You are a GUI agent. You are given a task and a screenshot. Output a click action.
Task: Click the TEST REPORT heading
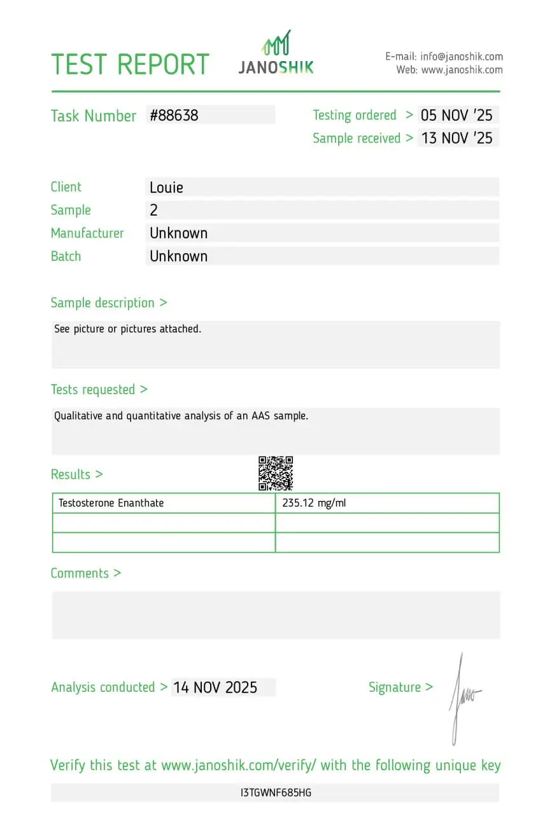pyautogui.click(x=130, y=64)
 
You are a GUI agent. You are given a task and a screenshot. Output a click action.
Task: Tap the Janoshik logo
pyautogui.click(x=276, y=53)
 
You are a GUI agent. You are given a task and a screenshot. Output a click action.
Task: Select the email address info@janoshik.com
pyautogui.click(x=462, y=57)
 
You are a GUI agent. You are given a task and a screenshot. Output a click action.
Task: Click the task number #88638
pyautogui.click(x=174, y=115)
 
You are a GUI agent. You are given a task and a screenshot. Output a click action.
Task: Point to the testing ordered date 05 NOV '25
pyautogui.click(x=456, y=115)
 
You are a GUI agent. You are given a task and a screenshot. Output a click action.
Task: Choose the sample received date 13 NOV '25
pyautogui.click(x=456, y=138)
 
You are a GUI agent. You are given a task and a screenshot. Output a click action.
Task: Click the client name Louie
pyautogui.click(x=167, y=187)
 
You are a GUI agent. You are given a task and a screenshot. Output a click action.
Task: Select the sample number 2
pyautogui.click(x=153, y=210)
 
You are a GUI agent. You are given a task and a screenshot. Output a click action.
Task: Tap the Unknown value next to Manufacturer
pyautogui.click(x=179, y=233)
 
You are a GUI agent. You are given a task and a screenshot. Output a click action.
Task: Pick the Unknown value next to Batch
pyautogui.click(x=179, y=256)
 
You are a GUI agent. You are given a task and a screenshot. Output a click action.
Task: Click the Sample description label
pyautogui.click(x=109, y=303)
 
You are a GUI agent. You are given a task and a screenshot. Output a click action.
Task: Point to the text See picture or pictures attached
pyautogui.click(x=128, y=329)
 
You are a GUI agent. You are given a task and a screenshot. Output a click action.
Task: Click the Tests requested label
pyautogui.click(x=99, y=389)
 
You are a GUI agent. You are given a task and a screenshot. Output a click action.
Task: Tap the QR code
pyautogui.click(x=276, y=473)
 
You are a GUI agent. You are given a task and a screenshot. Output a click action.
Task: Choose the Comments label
pyautogui.click(x=85, y=573)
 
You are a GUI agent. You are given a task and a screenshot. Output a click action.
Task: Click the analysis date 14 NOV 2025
pyautogui.click(x=215, y=687)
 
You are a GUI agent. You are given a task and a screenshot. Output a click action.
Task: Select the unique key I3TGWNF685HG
pyautogui.click(x=276, y=793)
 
